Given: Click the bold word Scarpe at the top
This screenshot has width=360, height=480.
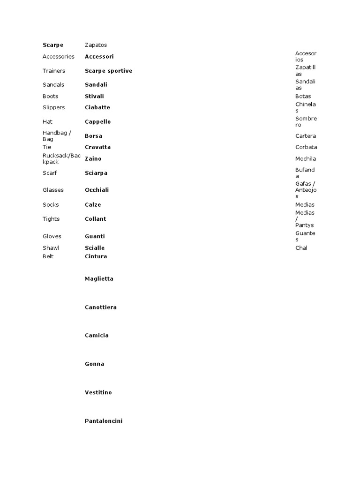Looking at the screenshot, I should click(52, 45).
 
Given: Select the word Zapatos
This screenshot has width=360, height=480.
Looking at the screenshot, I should click(96, 45).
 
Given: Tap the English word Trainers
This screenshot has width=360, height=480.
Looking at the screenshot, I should click(53, 71).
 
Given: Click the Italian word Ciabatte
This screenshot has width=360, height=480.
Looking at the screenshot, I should click(97, 107).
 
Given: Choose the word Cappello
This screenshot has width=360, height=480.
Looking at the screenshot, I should click(97, 121).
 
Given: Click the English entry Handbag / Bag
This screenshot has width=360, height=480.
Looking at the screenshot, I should click(56, 136).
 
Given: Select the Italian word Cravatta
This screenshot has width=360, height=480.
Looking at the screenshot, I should click(97, 147).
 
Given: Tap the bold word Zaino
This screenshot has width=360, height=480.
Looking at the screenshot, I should click(93, 158).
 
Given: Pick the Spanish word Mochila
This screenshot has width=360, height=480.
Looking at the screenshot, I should click(306, 159).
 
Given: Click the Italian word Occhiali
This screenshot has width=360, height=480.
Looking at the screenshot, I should click(97, 190).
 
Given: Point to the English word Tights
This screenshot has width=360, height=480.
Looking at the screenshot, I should click(51, 219).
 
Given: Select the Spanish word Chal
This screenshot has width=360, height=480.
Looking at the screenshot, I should click(301, 248).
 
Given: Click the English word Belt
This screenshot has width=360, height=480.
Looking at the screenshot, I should click(48, 256).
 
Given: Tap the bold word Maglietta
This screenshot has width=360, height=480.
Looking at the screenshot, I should click(99, 278).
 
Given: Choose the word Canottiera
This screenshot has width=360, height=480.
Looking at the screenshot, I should click(100, 307).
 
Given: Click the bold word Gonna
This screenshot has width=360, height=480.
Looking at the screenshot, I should click(94, 364).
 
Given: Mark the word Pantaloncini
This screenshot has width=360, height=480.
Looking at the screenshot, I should click(103, 421).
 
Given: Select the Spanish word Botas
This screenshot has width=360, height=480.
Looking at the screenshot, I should click(303, 96).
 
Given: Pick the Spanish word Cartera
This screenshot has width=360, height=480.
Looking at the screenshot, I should click(306, 136).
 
